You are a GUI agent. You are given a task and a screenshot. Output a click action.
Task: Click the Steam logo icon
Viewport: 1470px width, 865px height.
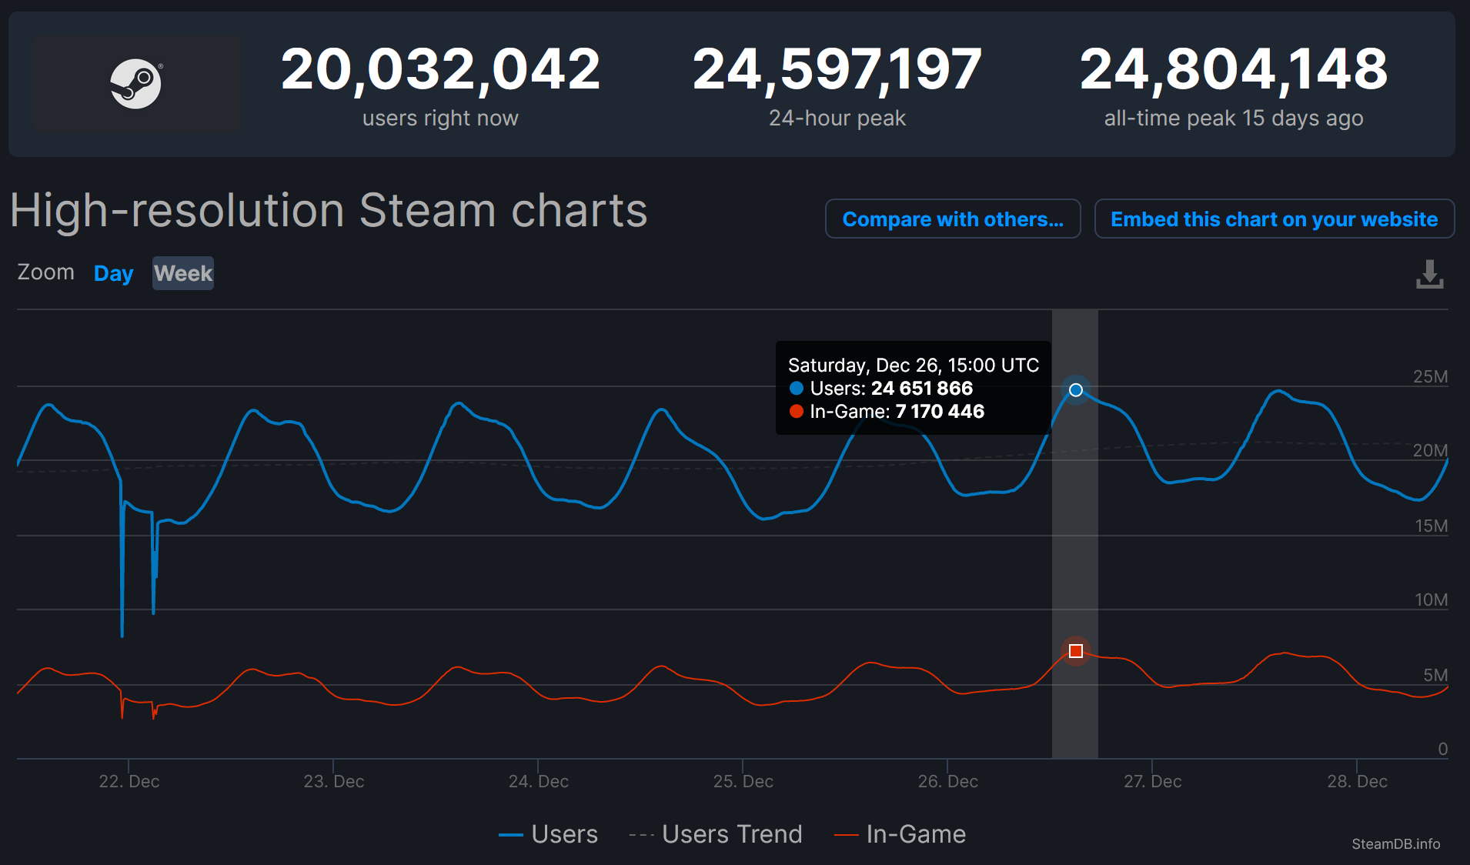(x=135, y=83)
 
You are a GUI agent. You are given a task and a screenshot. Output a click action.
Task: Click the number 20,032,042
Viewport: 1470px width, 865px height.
(x=440, y=69)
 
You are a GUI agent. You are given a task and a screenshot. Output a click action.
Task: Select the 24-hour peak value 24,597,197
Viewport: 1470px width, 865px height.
(x=837, y=69)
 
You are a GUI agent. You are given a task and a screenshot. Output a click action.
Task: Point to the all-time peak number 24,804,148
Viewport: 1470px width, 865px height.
(x=1233, y=69)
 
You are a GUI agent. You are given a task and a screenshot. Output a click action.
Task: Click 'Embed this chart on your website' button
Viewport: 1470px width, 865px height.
(x=1274, y=219)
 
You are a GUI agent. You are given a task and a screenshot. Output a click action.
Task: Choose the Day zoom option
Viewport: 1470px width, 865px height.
(x=113, y=273)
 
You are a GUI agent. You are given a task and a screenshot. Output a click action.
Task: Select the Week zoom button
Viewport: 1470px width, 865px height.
(x=182, y=273)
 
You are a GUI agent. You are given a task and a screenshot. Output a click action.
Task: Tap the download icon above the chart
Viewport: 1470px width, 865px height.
(x=1429, y=274)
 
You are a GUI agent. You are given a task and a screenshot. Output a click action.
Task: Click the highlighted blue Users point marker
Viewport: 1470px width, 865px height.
(x=1076, y=390)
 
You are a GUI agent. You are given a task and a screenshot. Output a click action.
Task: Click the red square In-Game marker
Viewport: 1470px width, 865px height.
(x=1076, y=651)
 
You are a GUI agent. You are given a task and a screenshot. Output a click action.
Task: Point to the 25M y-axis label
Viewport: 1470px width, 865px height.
(x=1430, y=376)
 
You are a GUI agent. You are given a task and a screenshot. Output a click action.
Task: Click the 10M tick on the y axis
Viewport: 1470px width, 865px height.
(x=1431, y=599)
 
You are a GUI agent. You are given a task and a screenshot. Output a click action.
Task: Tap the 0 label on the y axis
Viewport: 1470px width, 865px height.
(x=1442, y=749)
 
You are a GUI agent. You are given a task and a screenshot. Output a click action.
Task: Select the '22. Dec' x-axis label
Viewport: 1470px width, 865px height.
(x=129, y=781)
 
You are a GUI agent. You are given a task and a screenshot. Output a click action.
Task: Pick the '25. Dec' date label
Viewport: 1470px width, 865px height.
(x=743, y=781)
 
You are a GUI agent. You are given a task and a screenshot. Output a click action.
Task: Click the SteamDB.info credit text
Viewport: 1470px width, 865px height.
(x=1395, y=843)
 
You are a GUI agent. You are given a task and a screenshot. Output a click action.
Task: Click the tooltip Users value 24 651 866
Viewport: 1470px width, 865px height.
(x=921, y=389)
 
